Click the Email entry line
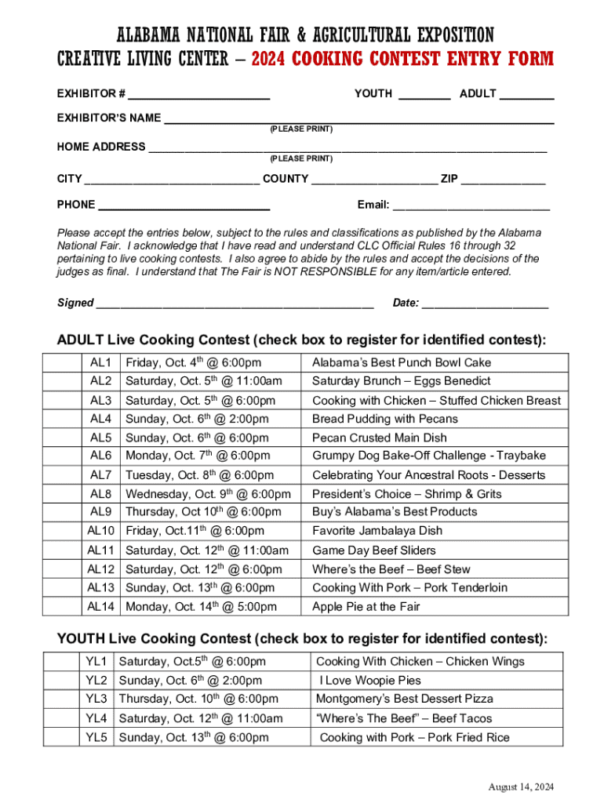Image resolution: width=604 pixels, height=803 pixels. pyautogui.click(x=471, y=207)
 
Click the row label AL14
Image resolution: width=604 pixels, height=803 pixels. pyautogui.click(x=101, y=607)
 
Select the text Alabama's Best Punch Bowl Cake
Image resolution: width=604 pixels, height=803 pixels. pyautogui.click(x=402, y=362)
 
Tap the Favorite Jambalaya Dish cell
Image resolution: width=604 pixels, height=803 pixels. pyautogui.click(x=377, y=531)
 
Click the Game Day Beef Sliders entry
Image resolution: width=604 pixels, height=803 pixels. pyautogui.click(x=374, y=550)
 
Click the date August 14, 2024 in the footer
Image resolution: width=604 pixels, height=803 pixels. pyautogui.click(x=521, y=787)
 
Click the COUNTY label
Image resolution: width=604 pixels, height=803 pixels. pyautogui.click(x=285, y=179)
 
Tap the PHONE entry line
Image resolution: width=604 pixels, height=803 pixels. pyautogui.click(x=184, y=207)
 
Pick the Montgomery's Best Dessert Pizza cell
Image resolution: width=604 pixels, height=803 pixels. pyautogui.click(x=405, y=699)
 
